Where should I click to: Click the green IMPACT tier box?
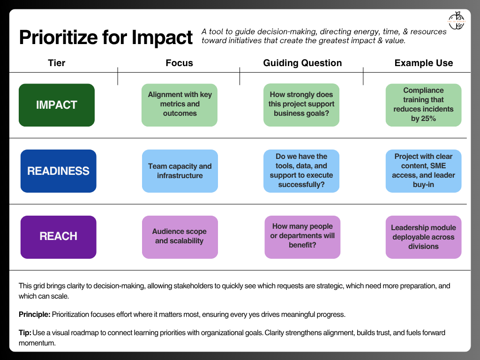pos(57,105)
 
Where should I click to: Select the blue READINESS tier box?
pos(58,171)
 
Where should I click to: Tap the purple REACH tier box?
pos(58,237)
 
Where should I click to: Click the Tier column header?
pos(57,63)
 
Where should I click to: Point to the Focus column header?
pos(179,63)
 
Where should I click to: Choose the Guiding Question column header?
pos(302,63)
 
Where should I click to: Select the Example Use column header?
pos(423,63)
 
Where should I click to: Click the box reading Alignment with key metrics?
pos(180,105)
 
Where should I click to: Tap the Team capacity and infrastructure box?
pos(180,171)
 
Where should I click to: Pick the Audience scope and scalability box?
pos(180,237)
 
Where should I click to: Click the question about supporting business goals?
pos(301,105)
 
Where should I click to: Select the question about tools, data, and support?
pos(301,171)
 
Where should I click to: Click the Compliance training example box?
pos(423,105)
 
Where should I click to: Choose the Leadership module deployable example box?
pos(423,237)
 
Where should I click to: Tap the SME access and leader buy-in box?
pos(423,171)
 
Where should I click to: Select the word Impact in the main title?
pos(162,37)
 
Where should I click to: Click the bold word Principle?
pos(35,315)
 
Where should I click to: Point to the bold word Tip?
pos(25,333)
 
